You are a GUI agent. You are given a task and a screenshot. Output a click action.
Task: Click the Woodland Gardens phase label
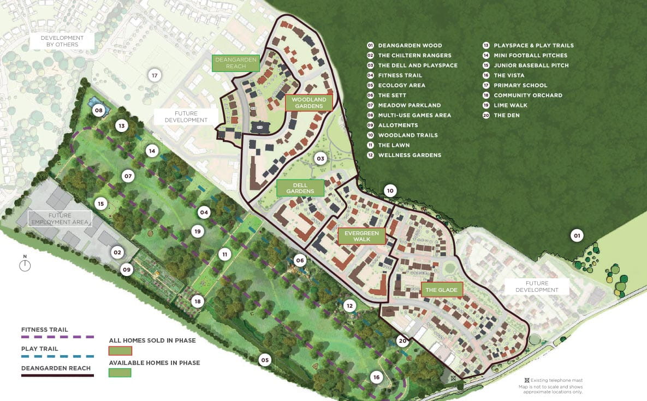click(308, 103)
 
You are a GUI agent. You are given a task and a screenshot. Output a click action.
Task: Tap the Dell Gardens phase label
click(300, 188)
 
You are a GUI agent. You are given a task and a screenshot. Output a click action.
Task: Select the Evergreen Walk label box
click(361, 236)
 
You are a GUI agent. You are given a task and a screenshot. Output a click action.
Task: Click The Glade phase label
click(442, 290)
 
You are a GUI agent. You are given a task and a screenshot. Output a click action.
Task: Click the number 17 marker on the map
click(155, 75)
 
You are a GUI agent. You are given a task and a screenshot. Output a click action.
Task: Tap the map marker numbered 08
click(99, 111)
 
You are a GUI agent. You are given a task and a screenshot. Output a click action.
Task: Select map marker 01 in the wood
click(576, 236)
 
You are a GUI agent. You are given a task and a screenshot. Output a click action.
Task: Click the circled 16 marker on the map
click(376, 377)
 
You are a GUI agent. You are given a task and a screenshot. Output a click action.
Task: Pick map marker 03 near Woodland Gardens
click(320, 159)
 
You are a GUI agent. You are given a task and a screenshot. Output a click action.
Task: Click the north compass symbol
click(25, 265)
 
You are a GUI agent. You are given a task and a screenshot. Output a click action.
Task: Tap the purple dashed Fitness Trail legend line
click(57, 337)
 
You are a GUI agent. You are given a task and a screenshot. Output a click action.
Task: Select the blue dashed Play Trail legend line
click(57, 356)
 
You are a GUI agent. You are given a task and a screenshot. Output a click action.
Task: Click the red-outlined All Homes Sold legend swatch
click(120, 351)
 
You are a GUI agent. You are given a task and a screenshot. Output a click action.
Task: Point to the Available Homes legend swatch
click(120, 373)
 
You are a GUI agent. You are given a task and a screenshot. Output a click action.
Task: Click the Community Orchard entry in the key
click(527, 95)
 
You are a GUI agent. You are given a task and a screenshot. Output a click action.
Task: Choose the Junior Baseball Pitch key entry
click(531, 65)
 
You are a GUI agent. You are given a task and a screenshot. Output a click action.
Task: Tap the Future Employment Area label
click(60, 219)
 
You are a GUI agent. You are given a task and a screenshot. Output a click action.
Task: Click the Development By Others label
click(63, 41)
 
